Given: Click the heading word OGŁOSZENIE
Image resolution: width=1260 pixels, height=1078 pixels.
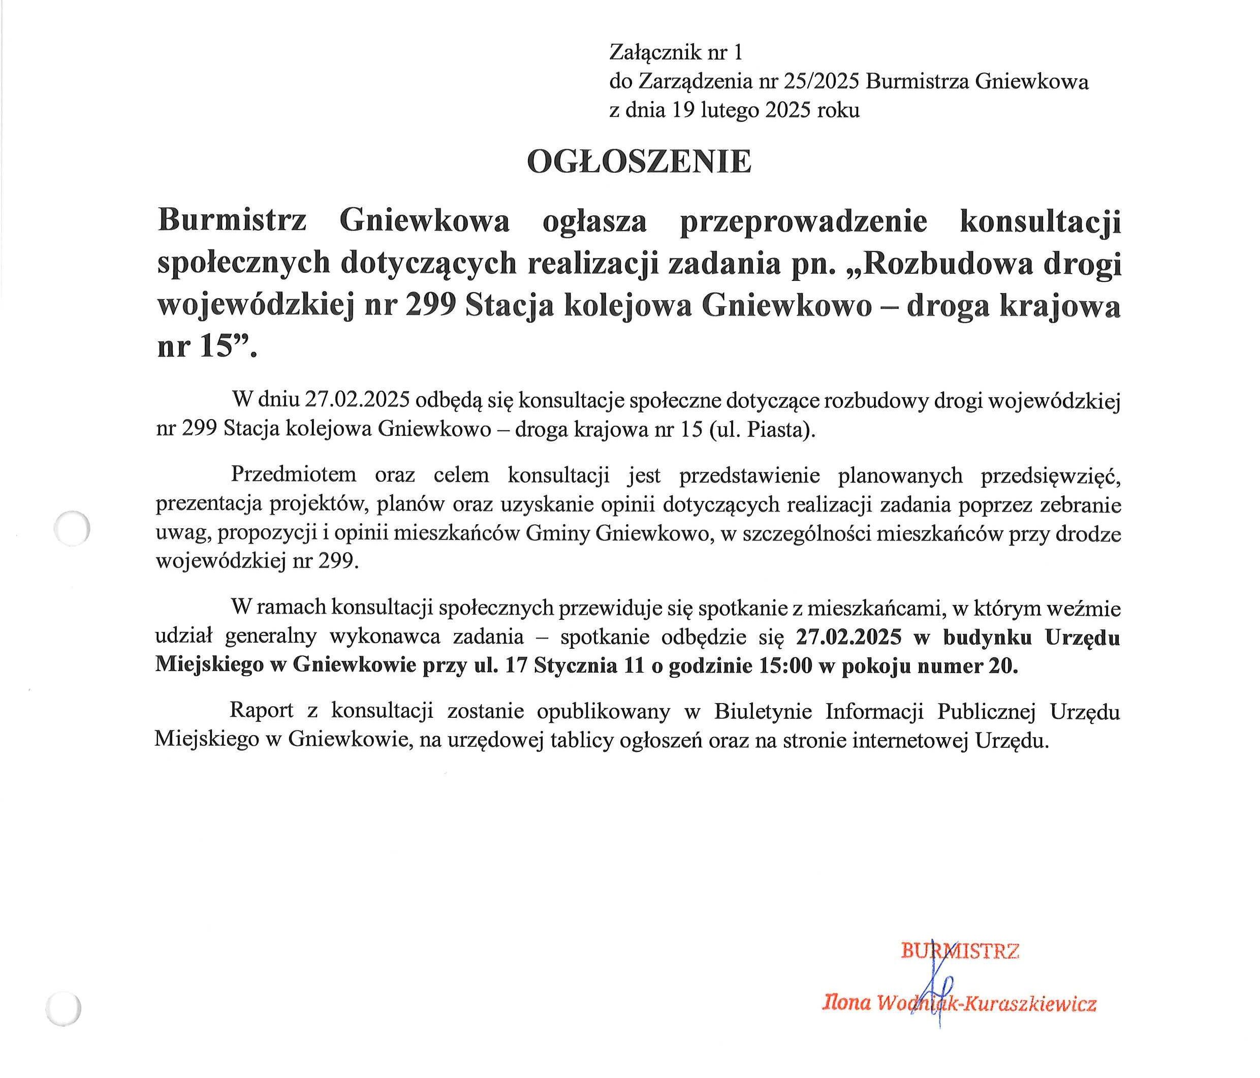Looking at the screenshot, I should [x=639, y=163].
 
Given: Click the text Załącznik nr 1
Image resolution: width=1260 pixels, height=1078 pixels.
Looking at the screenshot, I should [x=676, y=53].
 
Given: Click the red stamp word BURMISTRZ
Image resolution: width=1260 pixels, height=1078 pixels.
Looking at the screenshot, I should [x=960, y=951].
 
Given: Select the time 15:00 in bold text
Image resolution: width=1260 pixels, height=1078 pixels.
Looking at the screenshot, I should [x=785, y=667].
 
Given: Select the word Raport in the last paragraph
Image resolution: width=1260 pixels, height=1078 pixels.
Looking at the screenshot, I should [x=262, y=711].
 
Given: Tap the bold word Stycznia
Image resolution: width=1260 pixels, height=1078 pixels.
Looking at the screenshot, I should [x=572, y=667].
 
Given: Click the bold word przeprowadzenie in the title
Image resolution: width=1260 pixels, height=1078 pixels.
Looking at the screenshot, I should [x=803, y=222].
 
